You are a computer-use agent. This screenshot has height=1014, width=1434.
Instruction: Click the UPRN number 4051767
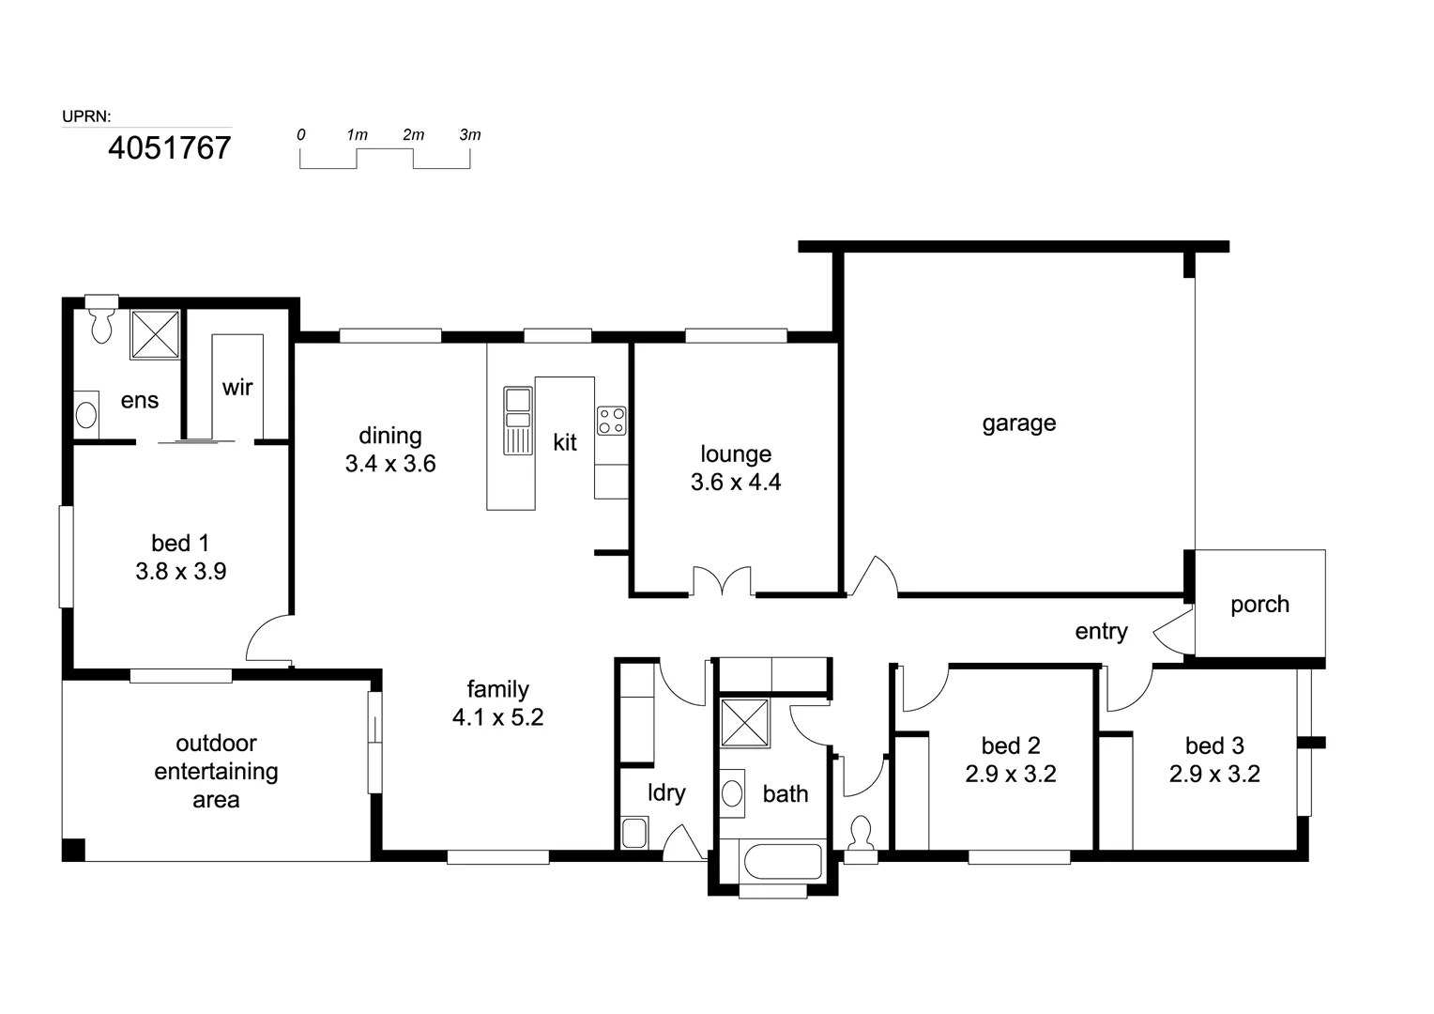[169, 148]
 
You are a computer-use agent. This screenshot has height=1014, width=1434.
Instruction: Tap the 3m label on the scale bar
[470, 135]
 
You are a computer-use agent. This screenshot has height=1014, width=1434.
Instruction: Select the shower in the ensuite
[156, 334]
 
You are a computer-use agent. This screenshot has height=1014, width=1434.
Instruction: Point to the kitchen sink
[518, 421]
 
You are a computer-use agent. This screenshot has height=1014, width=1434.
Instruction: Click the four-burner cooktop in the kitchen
[611, 421]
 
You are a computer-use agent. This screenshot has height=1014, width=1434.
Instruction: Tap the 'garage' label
[1019, 424]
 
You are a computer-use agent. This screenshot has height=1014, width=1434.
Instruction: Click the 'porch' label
[1259, 605]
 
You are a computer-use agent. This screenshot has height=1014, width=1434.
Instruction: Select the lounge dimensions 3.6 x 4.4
[736, 482]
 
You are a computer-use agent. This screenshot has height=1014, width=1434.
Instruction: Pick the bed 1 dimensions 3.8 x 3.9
[180, 571]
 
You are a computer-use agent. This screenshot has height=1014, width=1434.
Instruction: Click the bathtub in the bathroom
[781, 862]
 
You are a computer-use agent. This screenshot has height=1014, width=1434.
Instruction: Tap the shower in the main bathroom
[744, 723]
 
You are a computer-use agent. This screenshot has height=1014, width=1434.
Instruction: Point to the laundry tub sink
[634, 833]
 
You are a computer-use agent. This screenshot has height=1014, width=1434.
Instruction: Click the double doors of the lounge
[722, 580]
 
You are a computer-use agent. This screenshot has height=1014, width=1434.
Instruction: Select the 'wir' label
[237, 388]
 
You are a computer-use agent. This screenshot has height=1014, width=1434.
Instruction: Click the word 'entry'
[1101, 632]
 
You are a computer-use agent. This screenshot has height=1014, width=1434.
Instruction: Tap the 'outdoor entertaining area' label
[217, 771]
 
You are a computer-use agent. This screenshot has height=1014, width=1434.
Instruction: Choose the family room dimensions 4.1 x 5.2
[498, 716]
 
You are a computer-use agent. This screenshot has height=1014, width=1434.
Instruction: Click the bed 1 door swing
[269, 638]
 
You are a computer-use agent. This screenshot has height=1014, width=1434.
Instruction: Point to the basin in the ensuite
[86, 414]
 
